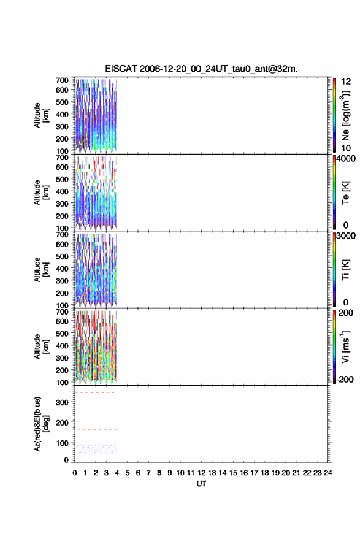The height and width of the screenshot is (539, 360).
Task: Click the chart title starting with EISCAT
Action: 201,69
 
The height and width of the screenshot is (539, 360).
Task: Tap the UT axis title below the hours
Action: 201,484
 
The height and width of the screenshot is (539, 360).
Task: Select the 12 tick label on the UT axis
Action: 202,473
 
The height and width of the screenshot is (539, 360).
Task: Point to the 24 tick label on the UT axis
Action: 327,473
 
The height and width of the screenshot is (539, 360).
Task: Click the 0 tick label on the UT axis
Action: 75,473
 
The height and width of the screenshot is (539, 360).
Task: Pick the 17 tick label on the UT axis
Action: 254,473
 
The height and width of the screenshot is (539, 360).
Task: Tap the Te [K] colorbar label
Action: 345,193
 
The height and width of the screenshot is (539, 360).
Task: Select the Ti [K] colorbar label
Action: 345,270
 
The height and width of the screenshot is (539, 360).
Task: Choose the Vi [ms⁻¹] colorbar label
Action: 345,346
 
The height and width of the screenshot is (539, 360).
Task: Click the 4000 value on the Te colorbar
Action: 345,159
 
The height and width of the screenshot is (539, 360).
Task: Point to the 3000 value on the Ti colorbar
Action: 345,236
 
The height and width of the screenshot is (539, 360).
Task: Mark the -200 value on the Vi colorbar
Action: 345,379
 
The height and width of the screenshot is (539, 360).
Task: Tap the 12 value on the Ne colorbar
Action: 346,82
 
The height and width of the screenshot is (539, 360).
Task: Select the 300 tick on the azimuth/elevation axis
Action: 62,402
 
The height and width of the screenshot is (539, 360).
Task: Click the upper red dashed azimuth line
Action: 95,392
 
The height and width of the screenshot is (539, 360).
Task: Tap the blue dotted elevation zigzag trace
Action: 96,449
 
